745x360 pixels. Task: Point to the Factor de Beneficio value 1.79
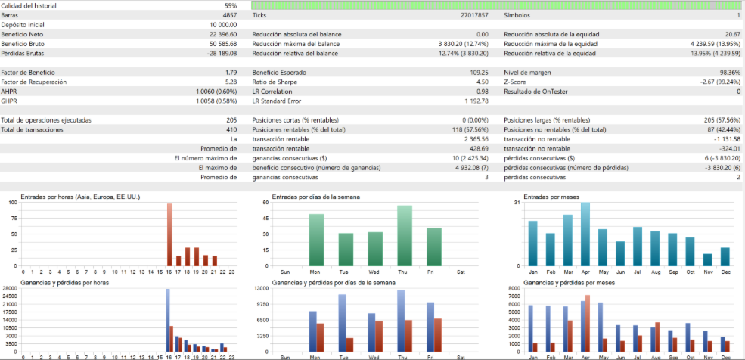click(x=231, y=72)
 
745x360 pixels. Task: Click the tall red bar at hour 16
click(x=169, y=234)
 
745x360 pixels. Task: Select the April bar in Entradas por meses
click(x=585, y=234)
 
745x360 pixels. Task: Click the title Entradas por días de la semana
click(x=316, y=197)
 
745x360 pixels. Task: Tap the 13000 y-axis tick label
click(x=263, y=288)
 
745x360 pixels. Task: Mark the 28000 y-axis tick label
click(x=10, y=288)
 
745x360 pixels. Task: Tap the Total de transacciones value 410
click(x=231, y=129)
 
